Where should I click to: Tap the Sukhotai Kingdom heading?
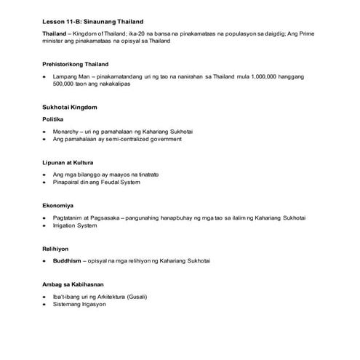(70, 107)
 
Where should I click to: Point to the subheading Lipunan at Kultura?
(71, 162)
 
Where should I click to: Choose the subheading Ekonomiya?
(58, 206)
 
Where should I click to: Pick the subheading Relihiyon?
(57, 249)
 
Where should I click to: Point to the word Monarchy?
(68, 129)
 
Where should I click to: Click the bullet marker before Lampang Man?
(45, 76)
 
